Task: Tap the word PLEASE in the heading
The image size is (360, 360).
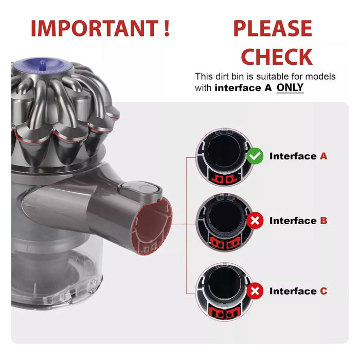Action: click(x=273, y=29)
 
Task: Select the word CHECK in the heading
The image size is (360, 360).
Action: click(x=277, y=57)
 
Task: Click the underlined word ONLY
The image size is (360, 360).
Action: click(x=290, y=88)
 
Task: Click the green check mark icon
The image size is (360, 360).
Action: click(x=255, y=156)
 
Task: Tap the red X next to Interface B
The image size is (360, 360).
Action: click(x=255, y=221)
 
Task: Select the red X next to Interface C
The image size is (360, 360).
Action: click(x=255, y=291)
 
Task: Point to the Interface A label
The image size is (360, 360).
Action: click(x=298, y=156)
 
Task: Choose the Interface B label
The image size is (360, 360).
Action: click(x=298, y=221)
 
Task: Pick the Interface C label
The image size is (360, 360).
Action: click(x=298, y=291)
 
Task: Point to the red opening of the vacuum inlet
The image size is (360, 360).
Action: click(x=153, y=226)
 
